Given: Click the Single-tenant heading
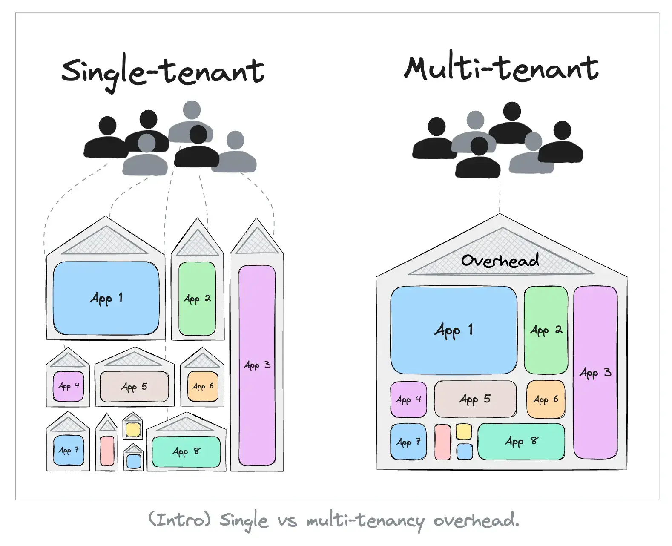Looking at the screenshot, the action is pos(163,72).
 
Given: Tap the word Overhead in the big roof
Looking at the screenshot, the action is pos(500,261).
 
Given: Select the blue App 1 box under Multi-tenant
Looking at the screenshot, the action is pos(454,330).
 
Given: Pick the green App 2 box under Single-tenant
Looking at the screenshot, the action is pos(197,299).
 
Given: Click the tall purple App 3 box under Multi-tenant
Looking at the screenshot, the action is pos(595,372).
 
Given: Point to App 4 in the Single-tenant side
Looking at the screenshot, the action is pos(69,386).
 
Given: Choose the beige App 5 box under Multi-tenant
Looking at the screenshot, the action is pos(475,399).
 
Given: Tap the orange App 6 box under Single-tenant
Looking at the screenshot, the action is pos(203,386).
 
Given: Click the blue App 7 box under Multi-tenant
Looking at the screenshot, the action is pos(408,442).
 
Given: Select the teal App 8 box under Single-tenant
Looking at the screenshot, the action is pos(186,452).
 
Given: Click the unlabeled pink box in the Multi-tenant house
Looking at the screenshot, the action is pos(442,442).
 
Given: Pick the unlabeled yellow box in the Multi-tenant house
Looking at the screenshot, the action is pos(464,432).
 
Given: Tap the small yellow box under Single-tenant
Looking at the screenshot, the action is pos(133,430).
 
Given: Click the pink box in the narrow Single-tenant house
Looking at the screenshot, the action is pos(107,451).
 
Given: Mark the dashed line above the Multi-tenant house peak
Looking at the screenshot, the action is pos(500,197).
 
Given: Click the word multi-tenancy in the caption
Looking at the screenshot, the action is pos(365,521).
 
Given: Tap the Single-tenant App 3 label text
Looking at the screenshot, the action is pos(257,365).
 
